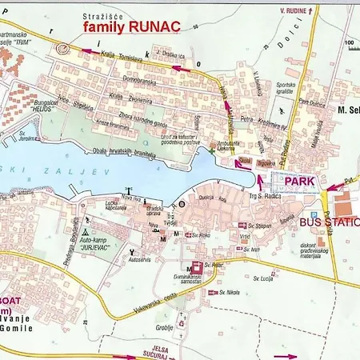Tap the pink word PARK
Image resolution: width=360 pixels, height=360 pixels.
coord(296,181)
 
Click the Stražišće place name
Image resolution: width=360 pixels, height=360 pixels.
coord(104,15)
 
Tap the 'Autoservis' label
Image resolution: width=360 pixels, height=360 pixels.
coord(140,261)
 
